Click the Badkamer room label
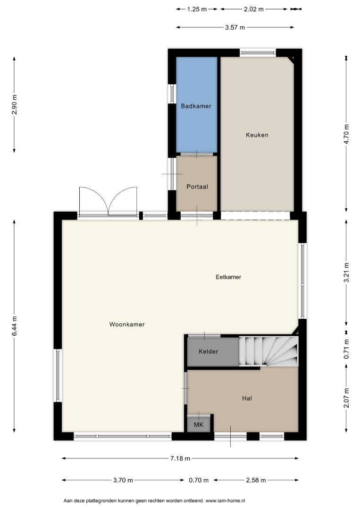[x=196, y=106]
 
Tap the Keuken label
[x=257, y=135]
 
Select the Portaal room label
[x=197, y=187]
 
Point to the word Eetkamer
[x=228, y=277]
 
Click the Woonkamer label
[x=127, y=324]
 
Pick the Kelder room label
[x=208, y=352]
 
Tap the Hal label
[x=247, y=399]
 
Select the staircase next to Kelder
[x=268, y=351]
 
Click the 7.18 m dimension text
[x=180, y=459]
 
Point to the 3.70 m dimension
[x=123, y=480]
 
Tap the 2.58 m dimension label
[x=256, y=480]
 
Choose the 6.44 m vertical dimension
[x=14, y=326]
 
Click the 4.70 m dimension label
[x=346, y=134]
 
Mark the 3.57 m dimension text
[x=235, y=28]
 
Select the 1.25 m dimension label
[x=197, y=9]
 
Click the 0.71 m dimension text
[x=346, y=349]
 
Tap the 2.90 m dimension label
[x=14, y=104]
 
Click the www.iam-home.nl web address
[x=226, y=501]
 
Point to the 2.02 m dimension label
[x=254, y=9]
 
